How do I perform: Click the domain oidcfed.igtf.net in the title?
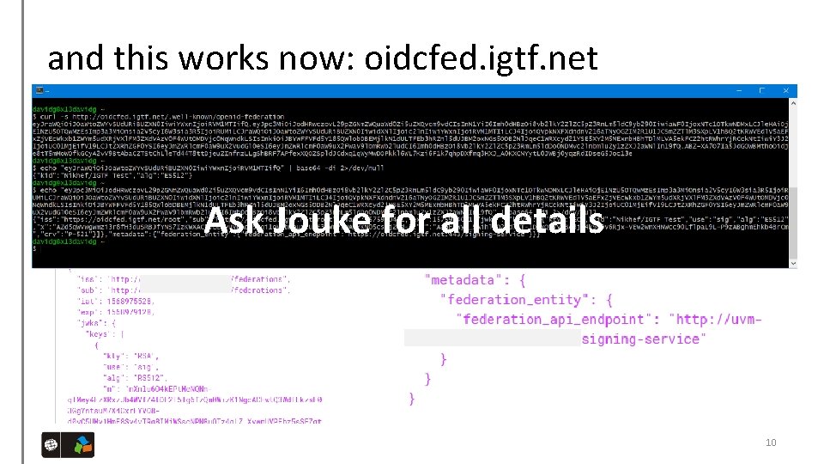pyautogui.click(x=481, y=58)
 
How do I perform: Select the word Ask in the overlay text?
pyautogui.click(x=227, y=221)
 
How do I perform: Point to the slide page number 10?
pyautogui.click(x=770, y=443)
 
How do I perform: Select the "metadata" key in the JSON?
pyautogui.click(x=463, y=280)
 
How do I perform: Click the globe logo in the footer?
pyautogui.click(x=51, y=446)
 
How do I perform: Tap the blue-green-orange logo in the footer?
pyautogui.click(x=82, y=446)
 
